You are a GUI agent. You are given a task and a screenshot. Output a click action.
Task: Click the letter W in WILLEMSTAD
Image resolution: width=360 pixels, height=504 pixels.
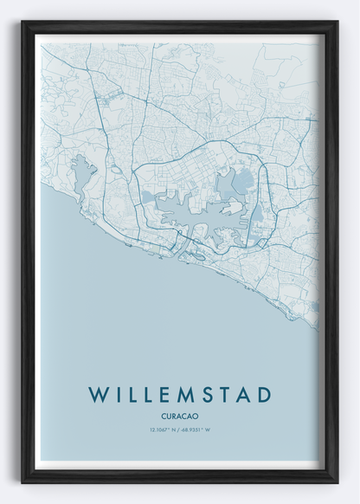click(98, 394)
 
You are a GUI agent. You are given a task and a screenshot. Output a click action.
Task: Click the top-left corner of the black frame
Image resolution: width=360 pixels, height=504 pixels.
click(23, 23)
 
